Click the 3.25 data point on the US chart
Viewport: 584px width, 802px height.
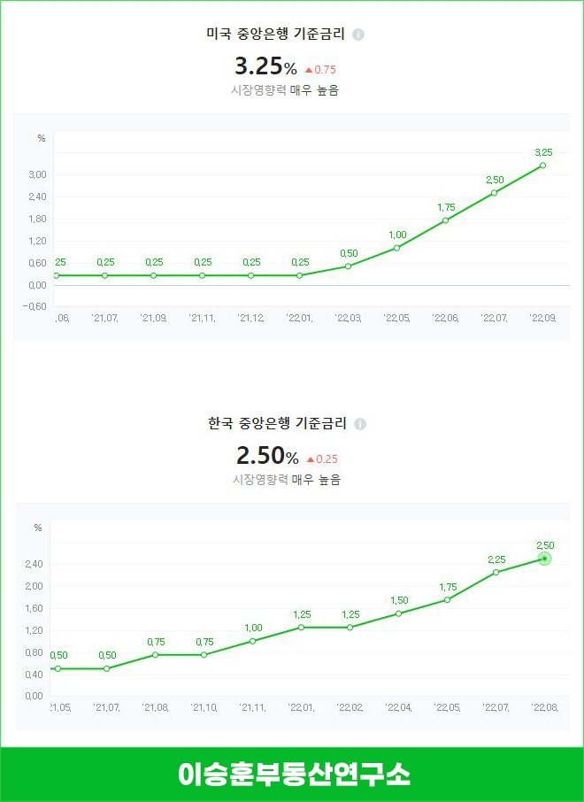tap(542, 166)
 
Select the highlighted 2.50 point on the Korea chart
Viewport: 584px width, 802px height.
tap(544, 559)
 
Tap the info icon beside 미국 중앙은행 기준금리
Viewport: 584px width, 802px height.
tap(358, 35)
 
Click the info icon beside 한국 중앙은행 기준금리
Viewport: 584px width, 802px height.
tap(359, 425)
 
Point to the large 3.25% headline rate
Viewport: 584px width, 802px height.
tap(265, 66)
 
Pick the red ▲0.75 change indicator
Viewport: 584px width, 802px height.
tap(320, 69)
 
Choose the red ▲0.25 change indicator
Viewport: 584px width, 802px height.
tap(321, 459)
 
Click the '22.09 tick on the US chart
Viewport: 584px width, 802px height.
tap(542, 317)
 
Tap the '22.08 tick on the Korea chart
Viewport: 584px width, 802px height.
tap(543, 707)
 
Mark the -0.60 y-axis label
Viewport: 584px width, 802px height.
tap(36, 306)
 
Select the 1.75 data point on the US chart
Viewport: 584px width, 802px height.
tap(445, 220)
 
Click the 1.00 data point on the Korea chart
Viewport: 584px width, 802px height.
tap(252, 641)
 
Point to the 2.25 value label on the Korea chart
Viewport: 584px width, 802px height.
tap(496, 559)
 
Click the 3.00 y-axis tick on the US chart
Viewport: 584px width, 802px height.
tap(36, 174)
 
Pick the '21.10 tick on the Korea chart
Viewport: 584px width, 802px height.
tap(204, 707)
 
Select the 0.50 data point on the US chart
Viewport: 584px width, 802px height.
tap(348, 266)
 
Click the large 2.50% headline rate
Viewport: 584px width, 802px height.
tap(266, 457)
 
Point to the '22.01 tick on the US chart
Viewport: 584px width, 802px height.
tap(299, 317)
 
